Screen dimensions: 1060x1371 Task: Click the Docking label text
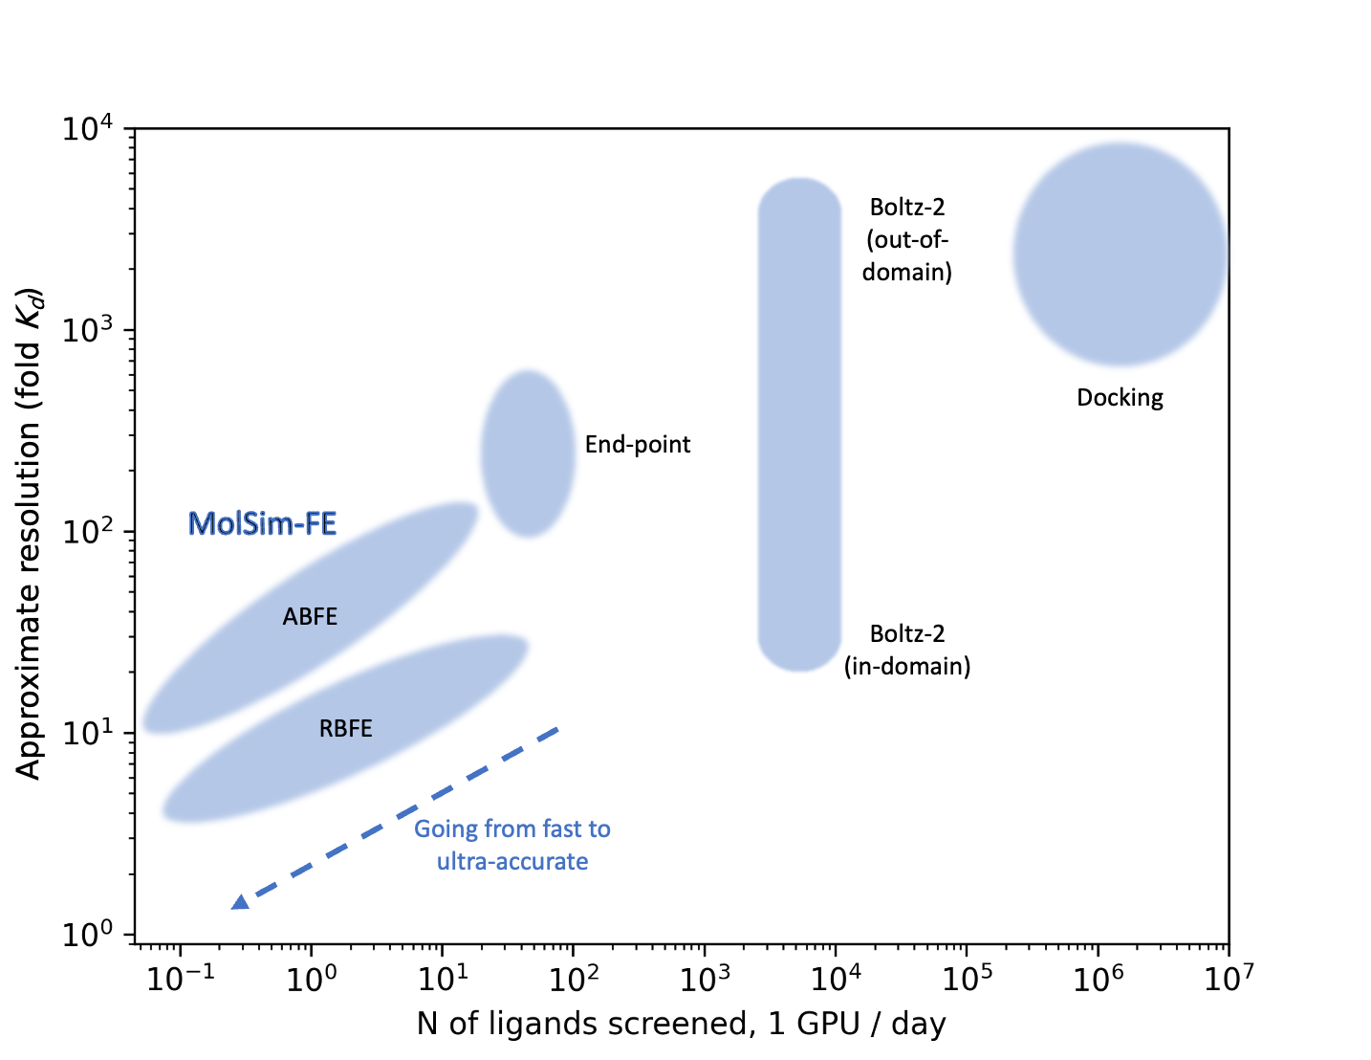pyautogui.click(x=1120, y=397)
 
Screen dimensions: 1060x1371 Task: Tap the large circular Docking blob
pyautogui.click(x=1120, y=254)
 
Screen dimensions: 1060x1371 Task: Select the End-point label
pyautogui.click(x=637, y=444)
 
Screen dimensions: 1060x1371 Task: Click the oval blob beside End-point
pyautogui.click(x=528, y=453)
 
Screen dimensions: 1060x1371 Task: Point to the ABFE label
pyautogui.click(x=310, y=616)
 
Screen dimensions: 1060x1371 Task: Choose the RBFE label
pyautogui.click(x=345, y=728)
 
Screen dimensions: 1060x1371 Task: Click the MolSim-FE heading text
pyautogui.click(x=262, y=523)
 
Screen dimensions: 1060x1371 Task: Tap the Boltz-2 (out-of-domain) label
pyautogui.click(x=906, y=239)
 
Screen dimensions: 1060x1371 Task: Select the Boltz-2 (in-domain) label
pyautogui.click(x=906, y=650)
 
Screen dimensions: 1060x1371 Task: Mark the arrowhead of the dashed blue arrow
pyautogui.click(x=240, y=901)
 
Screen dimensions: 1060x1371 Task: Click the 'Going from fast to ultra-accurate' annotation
pyautogui.click(x=511, y=845)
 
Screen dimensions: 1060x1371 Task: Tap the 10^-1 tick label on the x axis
pyautogui.click(x=180, y=978)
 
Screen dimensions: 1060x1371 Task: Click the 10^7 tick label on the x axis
pyautogui.click(x=1228, y=978)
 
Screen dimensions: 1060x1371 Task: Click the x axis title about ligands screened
pyautogui.click(x=681, y=1024)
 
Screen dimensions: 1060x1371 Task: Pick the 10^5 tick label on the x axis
pyautogui.click(x=966, y=978)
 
